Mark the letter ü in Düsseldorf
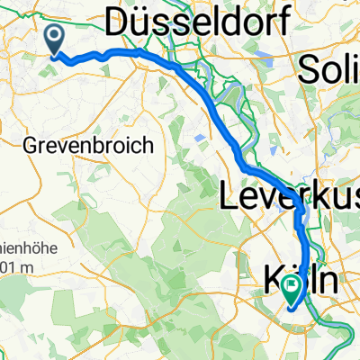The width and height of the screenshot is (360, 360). tap(145, 20)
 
